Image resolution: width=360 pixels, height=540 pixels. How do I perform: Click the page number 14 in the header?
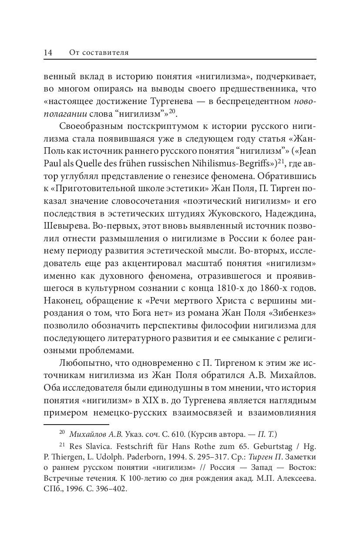(48, 53)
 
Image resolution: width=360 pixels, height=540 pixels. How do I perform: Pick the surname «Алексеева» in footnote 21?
(297, 479)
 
